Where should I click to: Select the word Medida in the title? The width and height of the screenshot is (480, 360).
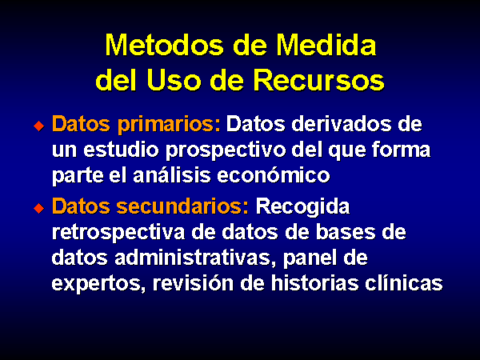(326, 45)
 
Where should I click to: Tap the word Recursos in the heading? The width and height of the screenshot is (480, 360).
(318, 80)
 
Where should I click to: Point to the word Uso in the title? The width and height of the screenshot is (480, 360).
(174, 80)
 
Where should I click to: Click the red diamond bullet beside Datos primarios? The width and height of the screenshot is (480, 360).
(39, 126)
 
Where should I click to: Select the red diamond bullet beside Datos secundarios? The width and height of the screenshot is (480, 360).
(39, 208)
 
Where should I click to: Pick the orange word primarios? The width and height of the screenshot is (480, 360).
(169, 125)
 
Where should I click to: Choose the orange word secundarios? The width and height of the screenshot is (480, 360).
(182, 206)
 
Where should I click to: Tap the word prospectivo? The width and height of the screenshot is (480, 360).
(226, 151)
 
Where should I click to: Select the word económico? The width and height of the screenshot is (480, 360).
(274, 175)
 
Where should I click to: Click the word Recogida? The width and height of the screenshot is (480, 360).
(302, 207)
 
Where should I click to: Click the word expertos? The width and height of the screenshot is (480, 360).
(98, 284)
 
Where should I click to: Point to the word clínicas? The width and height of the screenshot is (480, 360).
(404, 282)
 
